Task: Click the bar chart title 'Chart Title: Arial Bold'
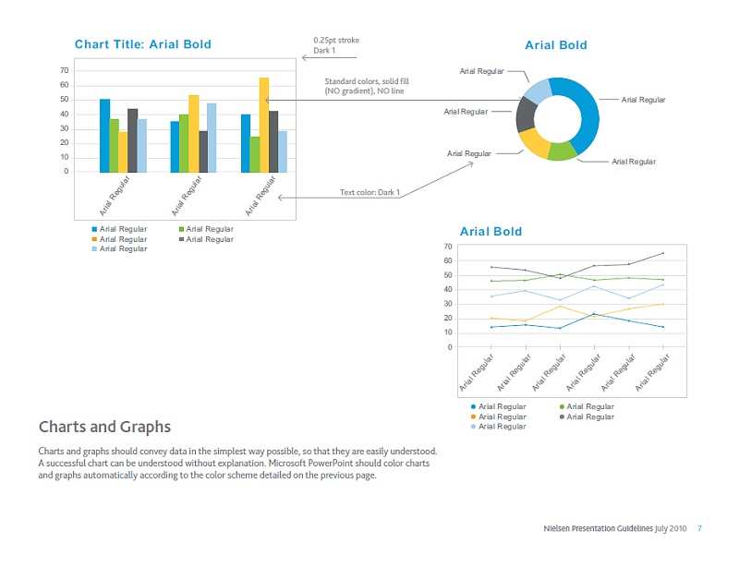(142, 44)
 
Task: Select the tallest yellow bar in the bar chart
(264, 125)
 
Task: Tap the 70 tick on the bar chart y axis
(64, 70)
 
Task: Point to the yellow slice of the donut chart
(534, 142)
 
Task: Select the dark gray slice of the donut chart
(526, 114)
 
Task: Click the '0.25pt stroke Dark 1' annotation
(336, 45)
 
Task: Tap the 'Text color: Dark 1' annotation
(369, 192)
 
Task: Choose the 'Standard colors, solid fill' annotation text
(366, 81)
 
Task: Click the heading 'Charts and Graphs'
(104, 427)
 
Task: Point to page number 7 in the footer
(699, 528)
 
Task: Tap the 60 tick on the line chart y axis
(448, 260)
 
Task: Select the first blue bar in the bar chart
(104, 135)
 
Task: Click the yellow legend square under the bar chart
(94, 239)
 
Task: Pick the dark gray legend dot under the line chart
(562, 416)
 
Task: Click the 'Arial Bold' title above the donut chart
(555, 44)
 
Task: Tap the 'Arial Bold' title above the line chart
(491, 231)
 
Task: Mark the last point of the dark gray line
(663, 253)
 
